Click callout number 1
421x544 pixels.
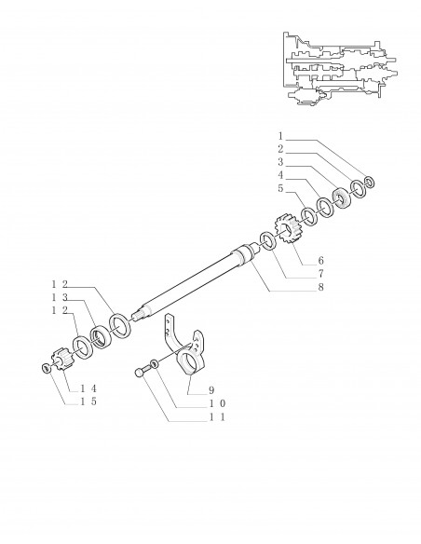point(280,136)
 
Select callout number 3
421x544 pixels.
point(280,162)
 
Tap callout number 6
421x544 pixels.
point(320,260)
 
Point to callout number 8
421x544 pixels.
point(320,287)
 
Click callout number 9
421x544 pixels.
point(211,390)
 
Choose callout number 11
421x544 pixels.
point(217,417)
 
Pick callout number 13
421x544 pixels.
point(60,297)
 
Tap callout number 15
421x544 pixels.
point(88,401)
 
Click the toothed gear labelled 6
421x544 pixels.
point(288,229)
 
